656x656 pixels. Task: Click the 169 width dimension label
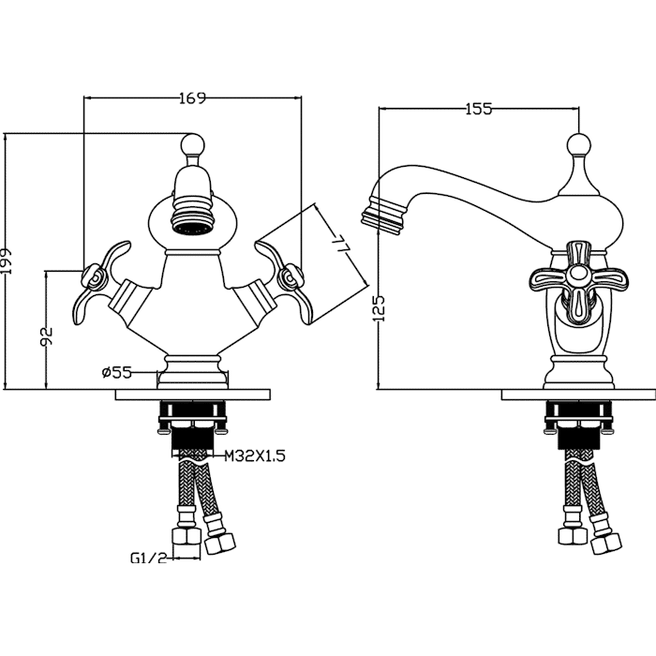[193, 98]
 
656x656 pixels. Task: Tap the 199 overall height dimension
[7, 261]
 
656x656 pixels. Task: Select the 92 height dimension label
[47, 336]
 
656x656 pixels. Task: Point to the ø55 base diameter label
[117, 372]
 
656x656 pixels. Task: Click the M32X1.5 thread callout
[255, 455]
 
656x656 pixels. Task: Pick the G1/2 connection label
[149, 558]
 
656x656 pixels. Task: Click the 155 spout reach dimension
[479, 109]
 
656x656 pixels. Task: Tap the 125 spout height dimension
[380, 308]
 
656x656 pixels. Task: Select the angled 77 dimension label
[340, 245]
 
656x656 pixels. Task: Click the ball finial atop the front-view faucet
[193, 144]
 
